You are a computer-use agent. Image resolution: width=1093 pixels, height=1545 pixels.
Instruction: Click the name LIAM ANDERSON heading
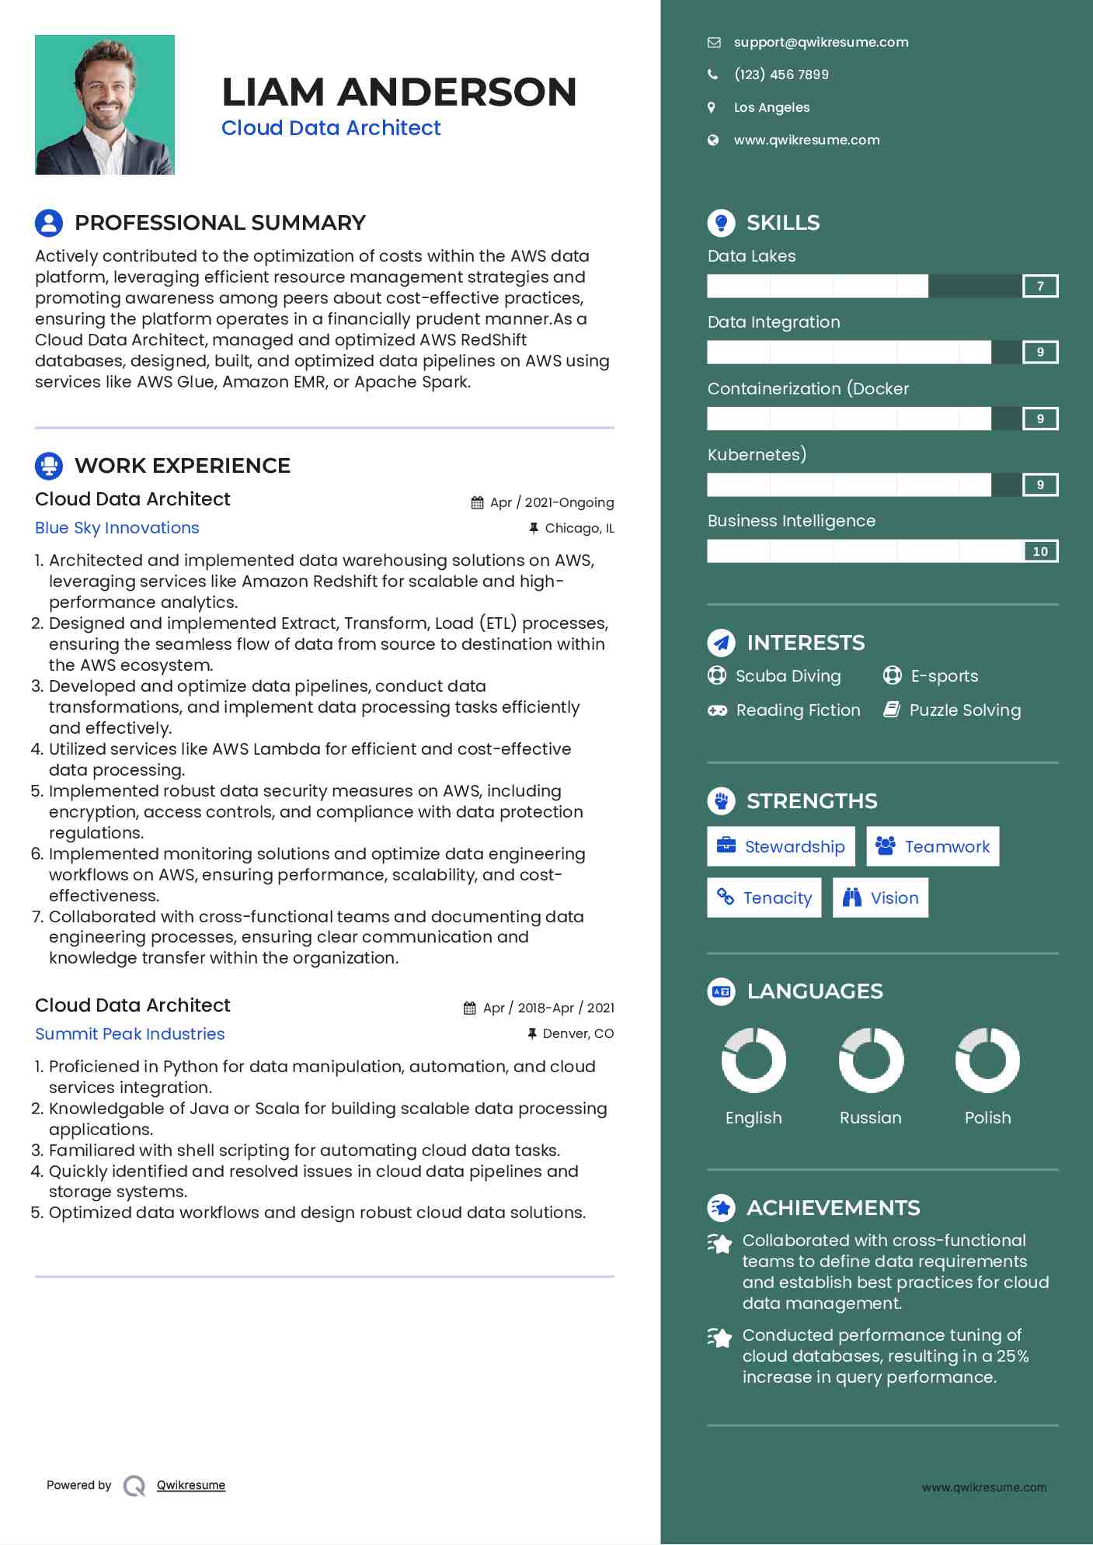coord(399,92)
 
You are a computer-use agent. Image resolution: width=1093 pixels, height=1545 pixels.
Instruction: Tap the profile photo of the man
coord(105,105)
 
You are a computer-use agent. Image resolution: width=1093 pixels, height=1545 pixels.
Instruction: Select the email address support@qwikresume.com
coord(820,43)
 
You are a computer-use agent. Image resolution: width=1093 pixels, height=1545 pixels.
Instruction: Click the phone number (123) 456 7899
coord(781,75)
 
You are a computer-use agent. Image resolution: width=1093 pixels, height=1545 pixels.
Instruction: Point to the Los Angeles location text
coord(771,107)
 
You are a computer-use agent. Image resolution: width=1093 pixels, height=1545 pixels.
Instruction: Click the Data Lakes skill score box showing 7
coord(1040,286)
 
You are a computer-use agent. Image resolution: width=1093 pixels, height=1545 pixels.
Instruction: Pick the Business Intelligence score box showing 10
coord(1040,551)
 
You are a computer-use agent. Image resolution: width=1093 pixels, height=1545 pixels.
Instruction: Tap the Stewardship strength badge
coord(781,846)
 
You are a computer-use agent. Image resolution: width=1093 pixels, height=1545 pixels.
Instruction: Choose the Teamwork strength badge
coord(932,846)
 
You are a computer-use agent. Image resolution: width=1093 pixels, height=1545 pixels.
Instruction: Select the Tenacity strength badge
coord(764,897)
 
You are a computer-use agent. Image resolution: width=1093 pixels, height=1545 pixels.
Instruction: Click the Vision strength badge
coord(880,897)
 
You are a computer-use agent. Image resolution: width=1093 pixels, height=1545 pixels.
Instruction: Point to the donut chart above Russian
coord(871,1061)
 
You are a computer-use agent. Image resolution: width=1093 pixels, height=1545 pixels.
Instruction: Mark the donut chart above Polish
coord(987,1061)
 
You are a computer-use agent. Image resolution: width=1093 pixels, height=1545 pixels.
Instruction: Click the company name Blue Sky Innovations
coord(117,528)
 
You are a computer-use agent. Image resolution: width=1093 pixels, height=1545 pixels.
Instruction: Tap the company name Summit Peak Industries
coord(130,1034)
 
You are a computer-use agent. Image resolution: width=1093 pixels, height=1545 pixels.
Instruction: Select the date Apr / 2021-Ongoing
coord(552,502)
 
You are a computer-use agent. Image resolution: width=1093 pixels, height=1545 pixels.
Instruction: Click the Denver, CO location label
coord(578,1034)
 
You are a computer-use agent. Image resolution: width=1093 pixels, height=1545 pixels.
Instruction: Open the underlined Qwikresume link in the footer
coord(191,1485)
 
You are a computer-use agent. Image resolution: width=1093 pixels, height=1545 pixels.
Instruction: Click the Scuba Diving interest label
coord(788,676)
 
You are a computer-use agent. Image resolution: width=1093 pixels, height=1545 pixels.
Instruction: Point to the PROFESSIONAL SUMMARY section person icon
coord(49,223)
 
